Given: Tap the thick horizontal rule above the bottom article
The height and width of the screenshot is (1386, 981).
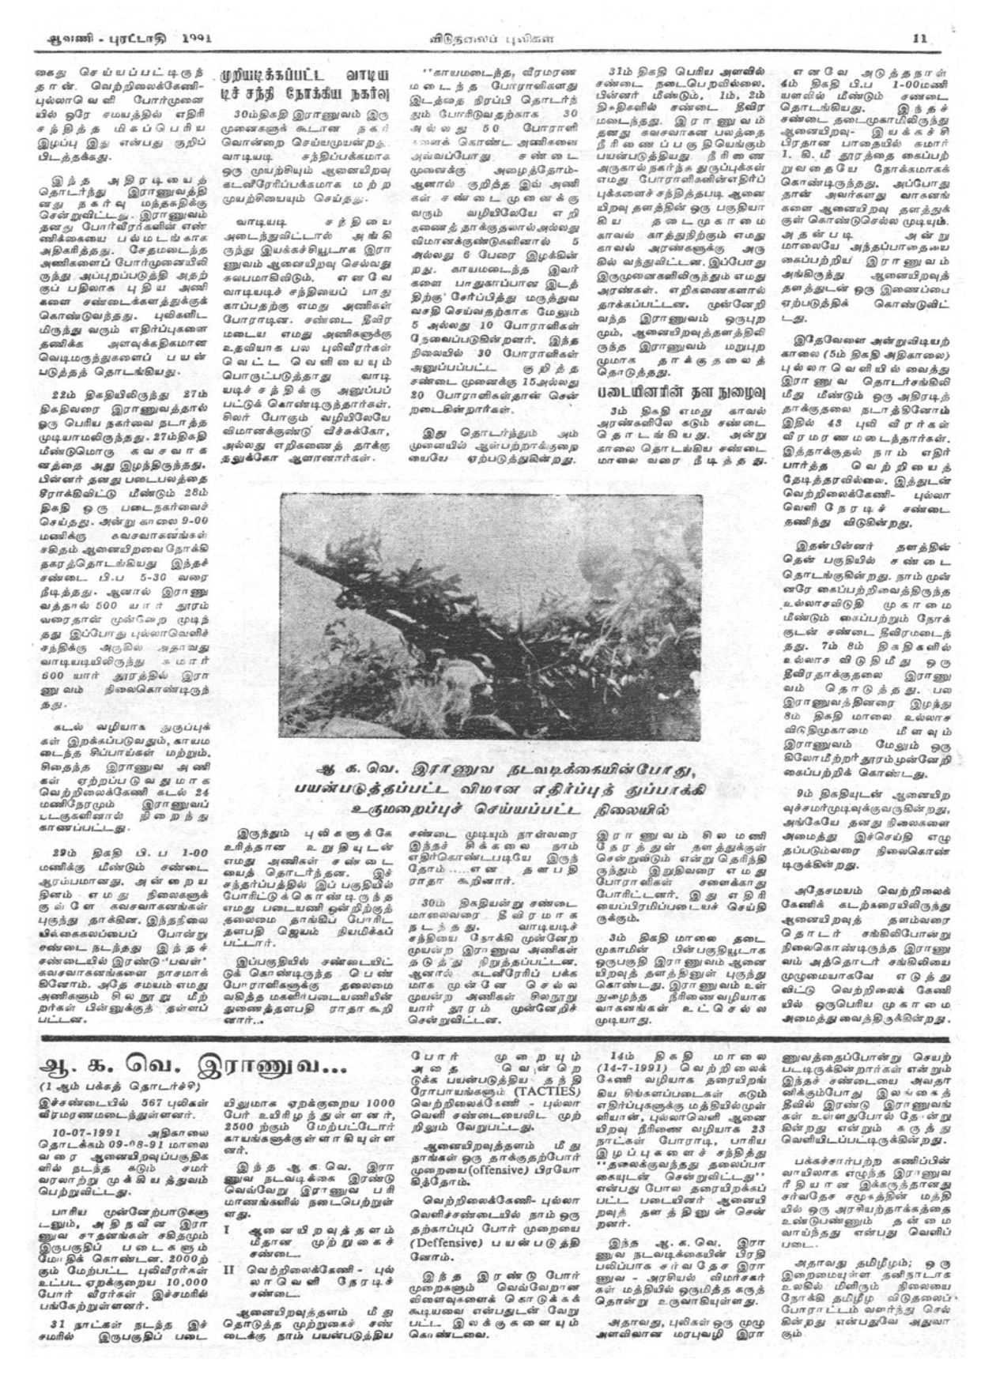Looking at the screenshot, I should [x=490, y=1037].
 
